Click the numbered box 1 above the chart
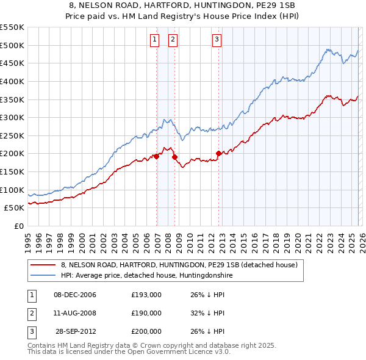tap(154, 40)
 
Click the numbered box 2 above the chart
tap(173, 40)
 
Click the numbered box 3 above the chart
tap(217, 40)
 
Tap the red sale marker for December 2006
tap(157, 156)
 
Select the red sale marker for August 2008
tap(174, 157)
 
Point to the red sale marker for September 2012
tap(218, 153)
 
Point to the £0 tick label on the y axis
tap(19, 226)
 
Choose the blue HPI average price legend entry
tap(146, 276)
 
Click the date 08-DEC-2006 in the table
tap(75, 295)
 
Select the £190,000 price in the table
tap(146, 313)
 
